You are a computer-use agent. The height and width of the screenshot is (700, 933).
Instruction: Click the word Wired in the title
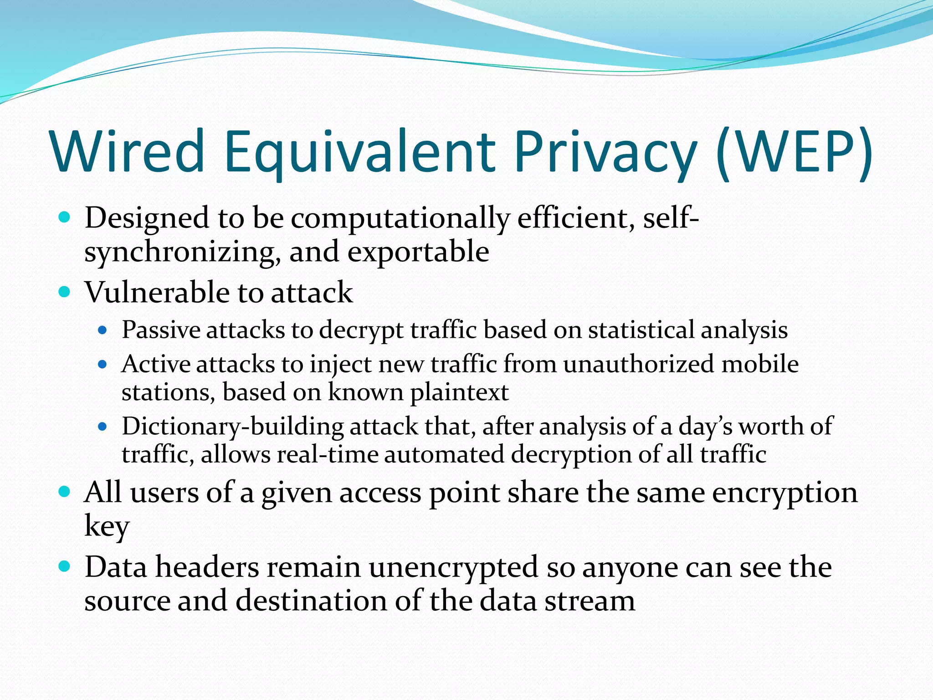click(x=128, y=151)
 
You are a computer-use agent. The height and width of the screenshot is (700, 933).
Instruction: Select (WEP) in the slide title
click(x=794, y=151)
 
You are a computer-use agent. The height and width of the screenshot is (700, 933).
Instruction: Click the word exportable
click(x=418, y=252)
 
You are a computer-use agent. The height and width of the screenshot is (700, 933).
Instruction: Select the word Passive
click(x=161, y=329)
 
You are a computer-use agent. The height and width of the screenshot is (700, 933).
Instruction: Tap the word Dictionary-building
click(x=232, y=427)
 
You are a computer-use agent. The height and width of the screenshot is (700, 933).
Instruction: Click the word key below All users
click(x=107, y=526)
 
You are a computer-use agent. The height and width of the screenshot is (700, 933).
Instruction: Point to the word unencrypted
click(x=453, y=567)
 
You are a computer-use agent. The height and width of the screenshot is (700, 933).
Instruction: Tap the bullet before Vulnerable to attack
click(x=65, y=292)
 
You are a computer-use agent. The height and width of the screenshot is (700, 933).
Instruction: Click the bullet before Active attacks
click(x=103, y=365)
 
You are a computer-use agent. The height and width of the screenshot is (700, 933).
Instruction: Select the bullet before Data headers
click(x=65, y=566)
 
